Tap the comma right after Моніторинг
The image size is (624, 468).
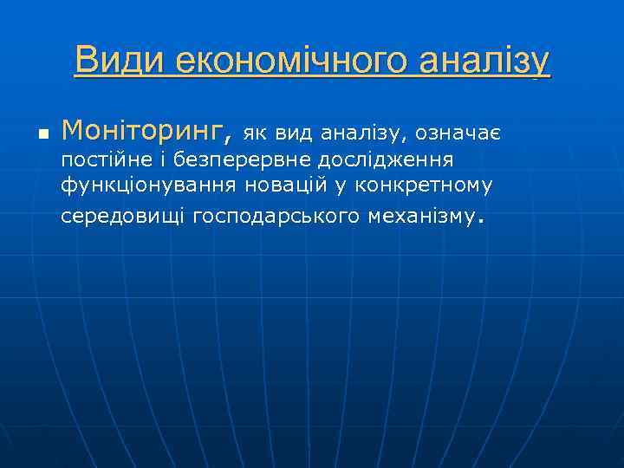click(229, 139)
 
